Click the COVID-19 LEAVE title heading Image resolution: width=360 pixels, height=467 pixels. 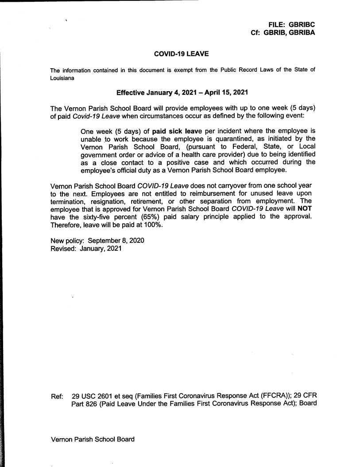181,54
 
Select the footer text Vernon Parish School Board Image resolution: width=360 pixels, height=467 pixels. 93,440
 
